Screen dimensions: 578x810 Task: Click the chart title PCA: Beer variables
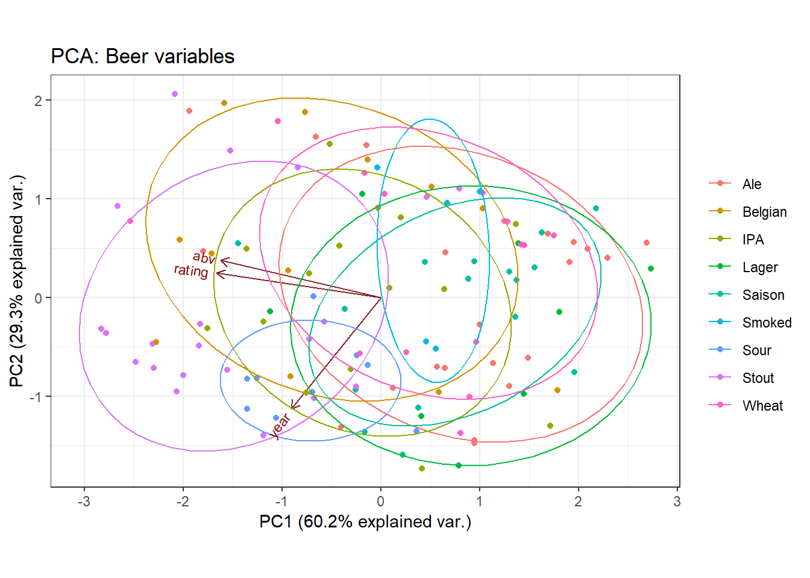click(x=142, y=57)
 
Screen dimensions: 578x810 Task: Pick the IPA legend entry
click(x=753, y=240)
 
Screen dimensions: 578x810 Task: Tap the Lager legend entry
click(x=759, y=267)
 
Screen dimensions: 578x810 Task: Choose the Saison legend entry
click(x=763, y=295)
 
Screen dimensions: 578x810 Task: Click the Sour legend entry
click(x=756, y=350)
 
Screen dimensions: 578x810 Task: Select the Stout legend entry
click(x=758, y=378)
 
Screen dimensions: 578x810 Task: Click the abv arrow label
click(x=204, y=258)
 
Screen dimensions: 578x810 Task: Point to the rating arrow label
click(x=191, y=271)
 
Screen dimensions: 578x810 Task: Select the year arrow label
click(x=280, y=426)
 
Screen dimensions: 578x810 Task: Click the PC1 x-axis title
click(x=365, y=521)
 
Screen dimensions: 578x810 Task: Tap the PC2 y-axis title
click(x=17, y=281)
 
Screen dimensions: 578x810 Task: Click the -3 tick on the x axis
click(x=84, y=502)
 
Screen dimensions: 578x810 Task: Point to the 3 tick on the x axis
click(x=677, y=502)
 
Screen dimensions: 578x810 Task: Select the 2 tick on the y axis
click(x=39, y=101)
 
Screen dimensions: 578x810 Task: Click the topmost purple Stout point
click(x=175, y=94)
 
